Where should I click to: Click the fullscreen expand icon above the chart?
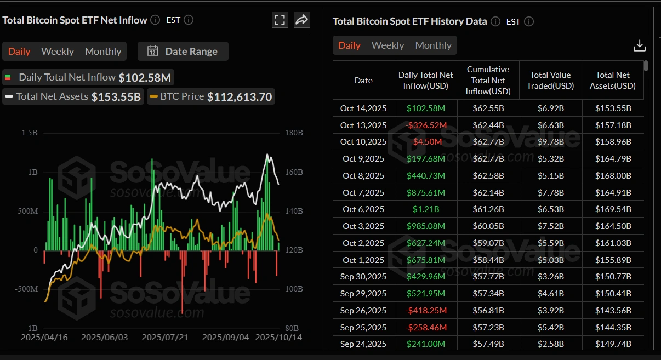[x=280, y=20]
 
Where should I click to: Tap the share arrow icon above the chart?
[x=301, y=20]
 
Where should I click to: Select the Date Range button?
[x=183, y=52]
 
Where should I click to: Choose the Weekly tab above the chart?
[x=58, y=52]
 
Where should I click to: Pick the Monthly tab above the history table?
[x=433, y=45]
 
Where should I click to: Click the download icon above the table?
[x=639, y=45]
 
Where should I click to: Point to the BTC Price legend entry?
[x=211, y=96]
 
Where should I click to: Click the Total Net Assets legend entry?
[x=72, y=96]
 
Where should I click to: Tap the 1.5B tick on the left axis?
[x=30, y=133]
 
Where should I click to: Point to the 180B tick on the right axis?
[x=294, y=133]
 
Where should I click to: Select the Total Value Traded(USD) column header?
[x=551, y=80]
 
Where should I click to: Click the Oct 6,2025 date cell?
[x=363, y=209]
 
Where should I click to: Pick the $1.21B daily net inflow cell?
[x=425, y=209]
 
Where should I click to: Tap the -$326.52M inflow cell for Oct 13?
[x=426, y=125]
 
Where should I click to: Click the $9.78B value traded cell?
[x=551, y=142]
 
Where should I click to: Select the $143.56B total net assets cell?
[x=613, y=310]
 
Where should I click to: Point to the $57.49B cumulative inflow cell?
[x=488, y=344]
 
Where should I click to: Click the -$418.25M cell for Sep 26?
[x=426, y=310]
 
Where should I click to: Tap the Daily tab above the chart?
[x=19, y=52]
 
